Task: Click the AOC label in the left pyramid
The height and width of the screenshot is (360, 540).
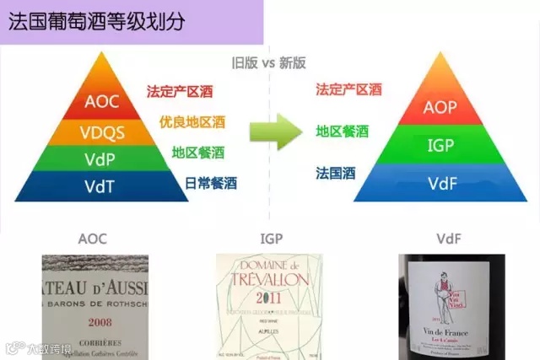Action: [102, 102]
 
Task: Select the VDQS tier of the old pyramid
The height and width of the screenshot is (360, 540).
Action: [102, 132]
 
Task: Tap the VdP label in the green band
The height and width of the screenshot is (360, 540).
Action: [102, 159]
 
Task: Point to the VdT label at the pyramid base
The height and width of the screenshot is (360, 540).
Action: [102, 185]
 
